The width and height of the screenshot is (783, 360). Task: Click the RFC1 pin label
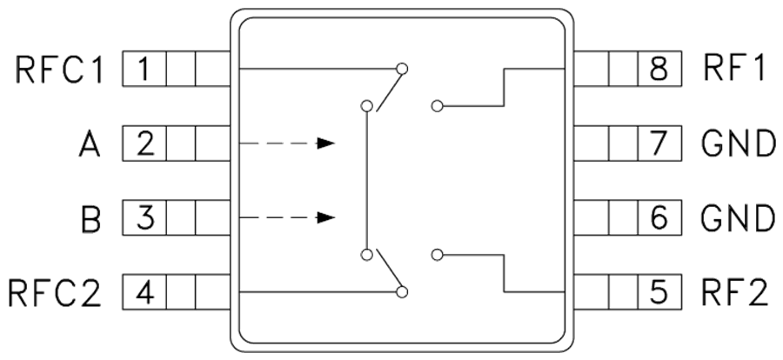pyautogui.click(x=59, y=69)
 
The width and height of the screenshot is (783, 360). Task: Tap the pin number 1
pyautogui.click(x=144, y=69)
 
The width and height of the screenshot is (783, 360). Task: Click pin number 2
pyautogui.click(x=144, y=143)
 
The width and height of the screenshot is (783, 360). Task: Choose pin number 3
pyautogui.click(x=144, y=217)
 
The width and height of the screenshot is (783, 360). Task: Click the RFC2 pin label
pyautogui.click(x=55, y=292)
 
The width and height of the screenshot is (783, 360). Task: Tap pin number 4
pyautogui.click(x=144, y=292)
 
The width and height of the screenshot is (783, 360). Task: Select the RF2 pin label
pyautogui.click(x=734, y=292)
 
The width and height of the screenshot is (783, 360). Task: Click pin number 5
pyautogui.click(x=659, y=292)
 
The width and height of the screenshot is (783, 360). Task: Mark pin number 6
pyautogui.click(x=659, y=217)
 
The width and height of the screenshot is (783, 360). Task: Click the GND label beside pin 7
pyautogui.click(x=738, y=143)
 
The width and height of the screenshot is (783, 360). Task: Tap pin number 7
pyautogui.click(x=659, y=143)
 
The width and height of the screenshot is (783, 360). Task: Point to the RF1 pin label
pyautogui.click(x=733, y=69)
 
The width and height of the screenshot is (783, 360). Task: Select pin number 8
pyautogui.click(x=659, y=69)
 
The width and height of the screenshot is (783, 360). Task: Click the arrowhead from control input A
pyautogui.click(x=326, y=143)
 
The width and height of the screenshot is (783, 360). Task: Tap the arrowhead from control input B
pyautogui.click(x=326, y=217)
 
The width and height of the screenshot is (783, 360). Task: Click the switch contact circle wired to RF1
pyautogui.click(x=437, y=106)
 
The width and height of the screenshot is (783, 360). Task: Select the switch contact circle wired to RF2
pyautogui.click(x=437, y=255)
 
